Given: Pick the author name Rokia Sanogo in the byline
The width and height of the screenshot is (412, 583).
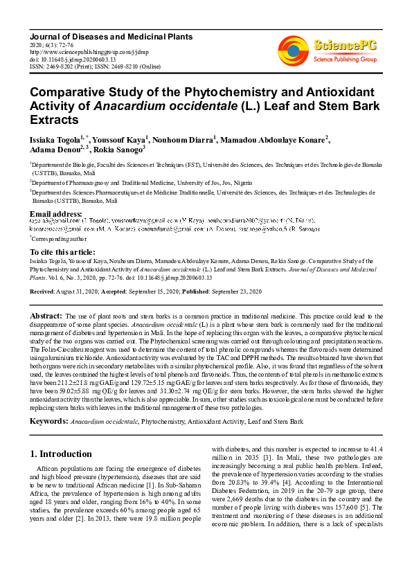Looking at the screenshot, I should point(118,148).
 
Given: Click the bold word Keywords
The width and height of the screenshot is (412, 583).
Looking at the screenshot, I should point(48,421).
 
